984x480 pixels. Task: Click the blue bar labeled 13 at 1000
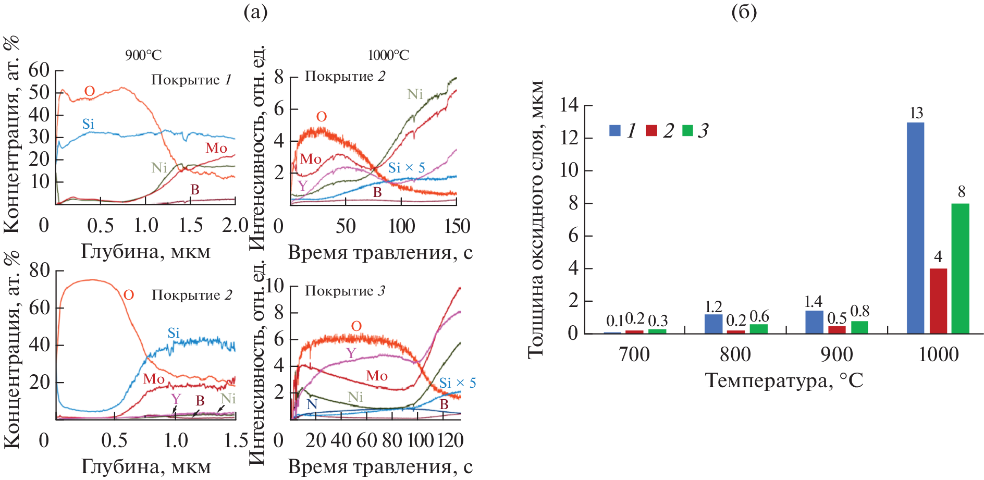tap(915, 228)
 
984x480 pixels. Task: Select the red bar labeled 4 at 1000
tap(938, 301)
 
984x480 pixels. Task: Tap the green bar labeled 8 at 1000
tap(961, 268)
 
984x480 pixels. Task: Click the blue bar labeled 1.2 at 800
tap(714, 324)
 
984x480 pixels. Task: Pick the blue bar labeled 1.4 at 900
tap(814, 322)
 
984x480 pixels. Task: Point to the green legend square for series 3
tap(687, 130)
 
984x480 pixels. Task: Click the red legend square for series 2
tap(651, 130)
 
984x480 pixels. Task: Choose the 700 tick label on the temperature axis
tap(634, 355)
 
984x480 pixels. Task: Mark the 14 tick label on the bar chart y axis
tap(569, 105)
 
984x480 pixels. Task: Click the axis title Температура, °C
tap(784, 380)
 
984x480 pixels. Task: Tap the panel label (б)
tap(744, 11)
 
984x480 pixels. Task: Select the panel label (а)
tap(255, 11)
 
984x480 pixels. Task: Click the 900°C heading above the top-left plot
tap(143, 55)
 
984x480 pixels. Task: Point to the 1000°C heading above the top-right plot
tap(388, 55)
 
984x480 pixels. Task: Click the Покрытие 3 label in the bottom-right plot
tap(345, 291)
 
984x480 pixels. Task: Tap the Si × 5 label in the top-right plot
tap(407, 168)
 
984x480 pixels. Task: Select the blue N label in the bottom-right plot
tap(312, 404)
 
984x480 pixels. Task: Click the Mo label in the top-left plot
tap(216, 148)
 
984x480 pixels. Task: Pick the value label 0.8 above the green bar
tap(859, 311)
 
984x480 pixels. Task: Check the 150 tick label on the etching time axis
tap(457, 226)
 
